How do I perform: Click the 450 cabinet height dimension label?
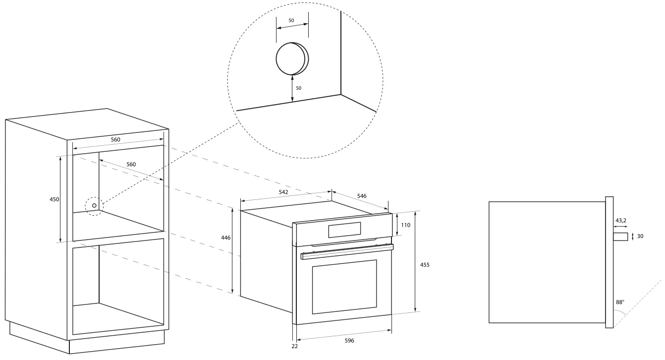pyautogui.click(x=54, y=199)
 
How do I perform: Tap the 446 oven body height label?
pyautogui.click(x=225, y=238)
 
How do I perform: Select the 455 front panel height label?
pyautogui.click(x=425, y=265)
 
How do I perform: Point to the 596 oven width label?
pyautogui.click(x=349, y=341)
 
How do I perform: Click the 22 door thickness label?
pyautogui.click(x=294, y=346)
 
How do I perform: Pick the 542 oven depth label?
pyautogui.click(x=283, y=191)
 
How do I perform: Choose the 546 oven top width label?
pyautogui.click(x=362, y=196)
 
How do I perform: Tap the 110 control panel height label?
pyautogui.click(x=405, y=225)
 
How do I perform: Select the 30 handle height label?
pyautogui.click(x=640, y=237)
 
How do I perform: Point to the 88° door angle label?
pyautogui.click(x=620, y=301)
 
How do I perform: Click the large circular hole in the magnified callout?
pyautogui.click(x=291, y=59)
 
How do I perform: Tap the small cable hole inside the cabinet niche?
pyautogui.click(x=94, y=205)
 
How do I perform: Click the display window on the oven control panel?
pyautogui.click(x=344, y=230)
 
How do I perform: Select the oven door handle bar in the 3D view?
pyautogui.click(x=347, y=251)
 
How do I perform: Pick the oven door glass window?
pyautogui.click(x=344, y=287)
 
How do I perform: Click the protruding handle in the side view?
pyautogui.click(x=620, y=237)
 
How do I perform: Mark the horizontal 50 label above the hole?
pyautogui.click(x=291, y=20)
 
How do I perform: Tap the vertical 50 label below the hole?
pyautogui.click(x=298, y=88)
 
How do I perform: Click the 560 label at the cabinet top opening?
pyautogui.click(x=115, y=140)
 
